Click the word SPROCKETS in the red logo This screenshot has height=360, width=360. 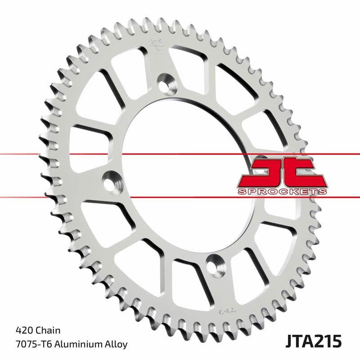[x=281, y=192]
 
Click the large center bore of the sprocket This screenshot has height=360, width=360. [x=189, y=171]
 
